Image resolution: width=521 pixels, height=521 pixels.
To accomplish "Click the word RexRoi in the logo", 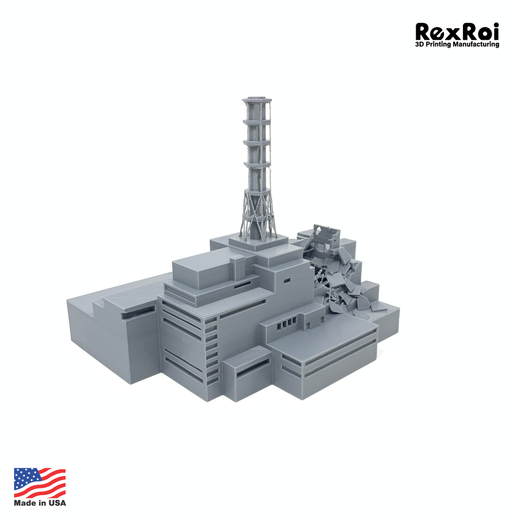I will [x=456, y=31].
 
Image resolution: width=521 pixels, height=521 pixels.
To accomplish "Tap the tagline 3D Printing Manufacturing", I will [x=457, y=45].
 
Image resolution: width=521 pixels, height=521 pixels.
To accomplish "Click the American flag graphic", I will [x=40, y=482].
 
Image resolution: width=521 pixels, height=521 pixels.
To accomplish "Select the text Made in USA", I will [x=40, y=503].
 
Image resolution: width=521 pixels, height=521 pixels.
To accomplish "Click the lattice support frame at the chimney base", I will [x=257, y=217].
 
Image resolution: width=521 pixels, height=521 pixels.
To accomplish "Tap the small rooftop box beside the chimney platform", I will [x=237, y=266].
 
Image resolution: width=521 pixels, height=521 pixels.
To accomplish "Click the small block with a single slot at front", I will [x=247, y=374].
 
